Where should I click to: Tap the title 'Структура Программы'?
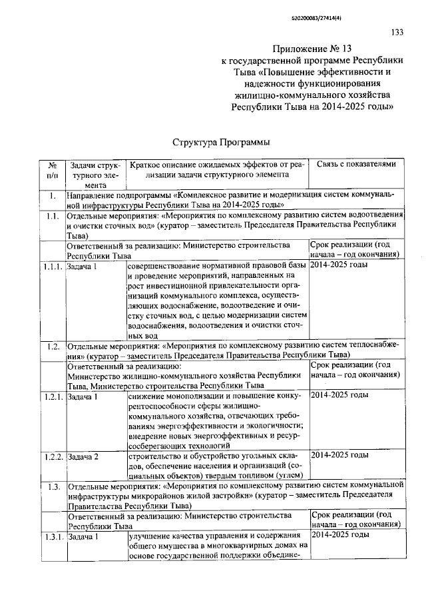(x=212, y=142)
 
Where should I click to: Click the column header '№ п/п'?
(x=52, y=170)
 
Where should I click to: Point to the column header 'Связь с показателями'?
(x=356, y=164)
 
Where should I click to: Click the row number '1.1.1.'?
(x=51, y=266)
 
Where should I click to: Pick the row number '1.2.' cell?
(x=51, y=346)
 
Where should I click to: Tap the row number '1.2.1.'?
(x=51, y=396)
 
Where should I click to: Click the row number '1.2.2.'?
(x=51, y=456)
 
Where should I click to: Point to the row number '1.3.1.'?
(x=51, y=536)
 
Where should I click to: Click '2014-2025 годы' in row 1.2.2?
(x=339, y=455)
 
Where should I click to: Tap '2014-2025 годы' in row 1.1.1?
(x=339, y=265)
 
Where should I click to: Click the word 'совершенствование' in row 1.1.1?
(x=166, y=265)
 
